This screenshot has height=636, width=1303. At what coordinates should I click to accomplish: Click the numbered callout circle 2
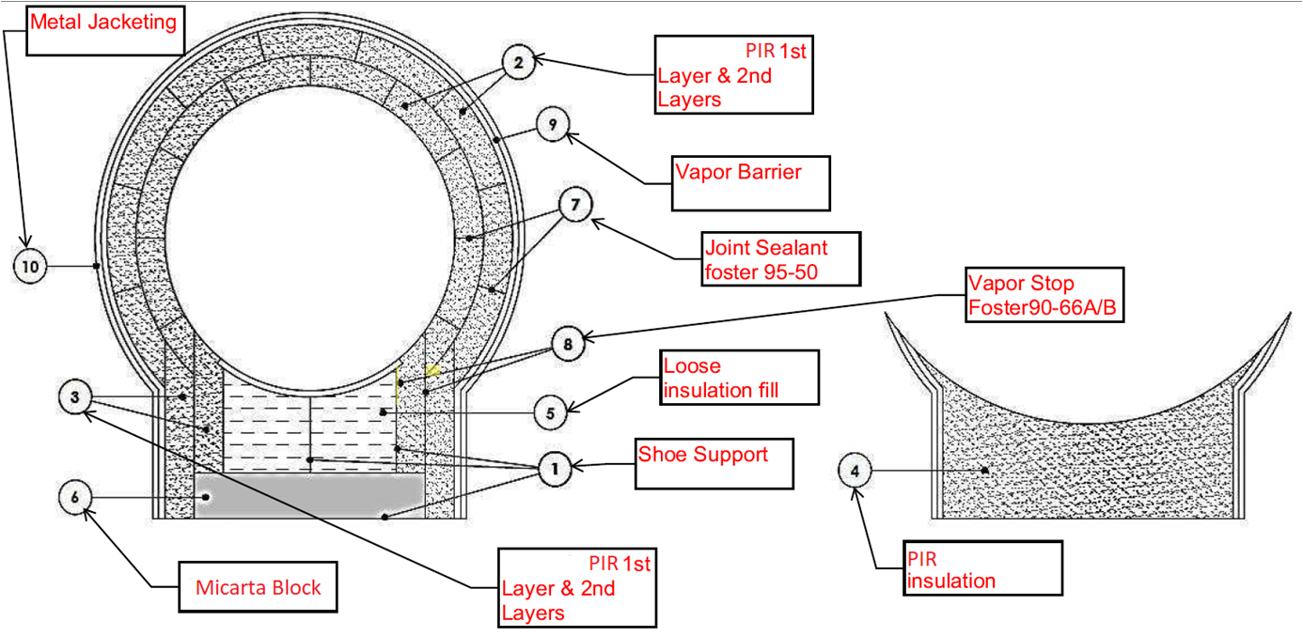[x=516, y=63]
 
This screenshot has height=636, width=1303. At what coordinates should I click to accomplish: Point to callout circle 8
[x=567, y=345]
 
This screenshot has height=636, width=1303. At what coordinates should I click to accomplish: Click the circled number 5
[x=552, y=411]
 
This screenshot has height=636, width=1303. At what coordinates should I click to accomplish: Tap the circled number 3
[x=76, y=396]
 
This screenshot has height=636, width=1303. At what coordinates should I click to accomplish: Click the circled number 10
[x=30, y=267]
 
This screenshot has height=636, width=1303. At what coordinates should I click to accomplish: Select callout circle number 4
[x=856, y=469]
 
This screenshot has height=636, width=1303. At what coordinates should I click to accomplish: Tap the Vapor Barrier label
[x=750, y=183]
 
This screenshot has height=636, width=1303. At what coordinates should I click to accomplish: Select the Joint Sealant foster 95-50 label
[x=781, y=258]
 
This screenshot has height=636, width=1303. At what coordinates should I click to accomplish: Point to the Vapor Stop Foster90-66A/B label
[x=1044, y=295]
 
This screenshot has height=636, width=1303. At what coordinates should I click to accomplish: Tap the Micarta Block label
[x=259, y=588]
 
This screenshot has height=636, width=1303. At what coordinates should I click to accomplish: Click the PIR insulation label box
[x=981, y=567]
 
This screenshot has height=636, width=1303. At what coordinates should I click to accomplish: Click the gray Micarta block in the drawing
[x=308, y=495]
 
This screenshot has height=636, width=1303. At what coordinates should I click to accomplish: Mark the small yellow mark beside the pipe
[x=432, y=370]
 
